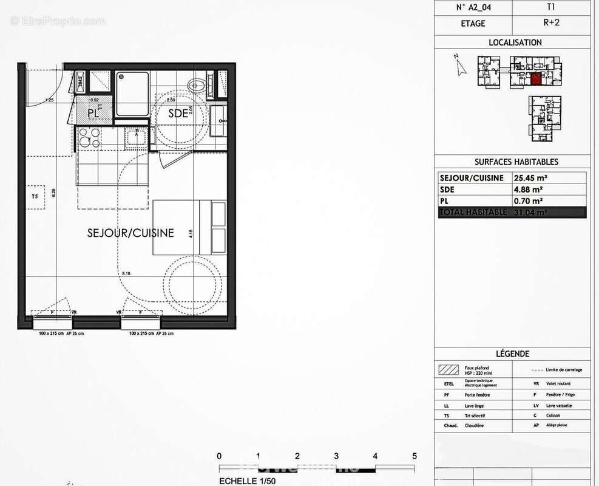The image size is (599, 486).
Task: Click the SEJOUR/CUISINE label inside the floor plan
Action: point(130,233)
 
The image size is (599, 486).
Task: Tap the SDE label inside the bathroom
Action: point(178,112)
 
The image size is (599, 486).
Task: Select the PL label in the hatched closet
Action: point(93,112)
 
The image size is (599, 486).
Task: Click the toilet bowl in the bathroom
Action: point(197,85)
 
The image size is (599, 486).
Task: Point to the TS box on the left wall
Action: point(36,196)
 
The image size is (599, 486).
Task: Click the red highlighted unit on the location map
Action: point(536,78)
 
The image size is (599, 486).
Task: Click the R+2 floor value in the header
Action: point(551,24)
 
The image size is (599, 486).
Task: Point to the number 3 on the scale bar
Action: point(336,456)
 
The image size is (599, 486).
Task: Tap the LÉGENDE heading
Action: point(512,354)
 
